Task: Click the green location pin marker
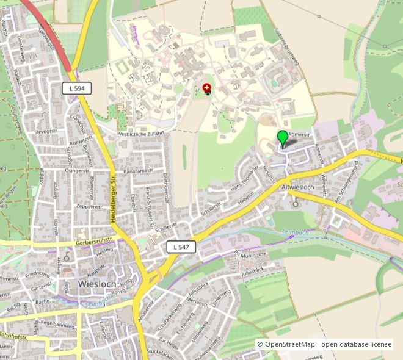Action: pos(282,138)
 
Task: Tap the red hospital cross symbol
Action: pos(206,88)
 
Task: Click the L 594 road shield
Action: pos(77,89)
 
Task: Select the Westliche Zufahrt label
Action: pos(140,132)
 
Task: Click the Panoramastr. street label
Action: pos(138,171)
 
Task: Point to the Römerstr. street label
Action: pos(300,132)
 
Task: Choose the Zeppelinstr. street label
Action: pos(89,206)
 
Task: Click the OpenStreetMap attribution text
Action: pos(324,344)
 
